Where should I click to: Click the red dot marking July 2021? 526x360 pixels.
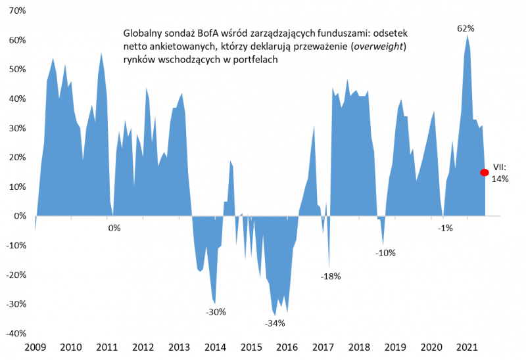click(485, 173)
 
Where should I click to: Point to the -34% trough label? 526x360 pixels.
click(274, 323)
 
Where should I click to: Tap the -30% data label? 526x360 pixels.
click(216, 312)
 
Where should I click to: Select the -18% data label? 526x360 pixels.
click(330, 277)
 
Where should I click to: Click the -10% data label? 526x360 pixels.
click(387, 253)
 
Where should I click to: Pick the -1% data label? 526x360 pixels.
click(445, 228)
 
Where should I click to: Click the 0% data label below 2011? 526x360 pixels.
click(114, 228)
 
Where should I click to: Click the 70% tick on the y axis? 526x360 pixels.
click(16, 11)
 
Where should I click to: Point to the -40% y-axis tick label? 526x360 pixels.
click(15, 333)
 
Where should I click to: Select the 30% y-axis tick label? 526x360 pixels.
click(16, 128)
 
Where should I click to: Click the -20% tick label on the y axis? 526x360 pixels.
click(15, 275)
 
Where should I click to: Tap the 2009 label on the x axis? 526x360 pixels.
click(35, 347)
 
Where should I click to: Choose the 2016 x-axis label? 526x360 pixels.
click(287, 347)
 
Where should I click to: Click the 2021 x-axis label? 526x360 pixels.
click(467, 347)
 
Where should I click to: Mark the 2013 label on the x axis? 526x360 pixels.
click(179, 347)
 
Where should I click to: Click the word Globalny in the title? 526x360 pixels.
click(142, 32)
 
